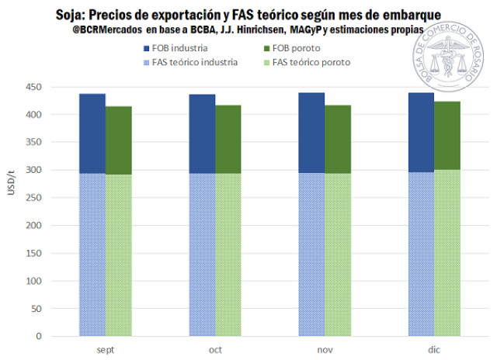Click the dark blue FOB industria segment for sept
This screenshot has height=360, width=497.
pyautogui.click(x=92, y=133)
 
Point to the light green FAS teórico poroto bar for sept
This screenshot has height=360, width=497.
pyautogui.click(x=118, y=255)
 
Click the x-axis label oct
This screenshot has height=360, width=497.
pyautogui.click(x=215, y=350)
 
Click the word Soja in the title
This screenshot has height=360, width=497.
pyautogui.click(x=71, y=14)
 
